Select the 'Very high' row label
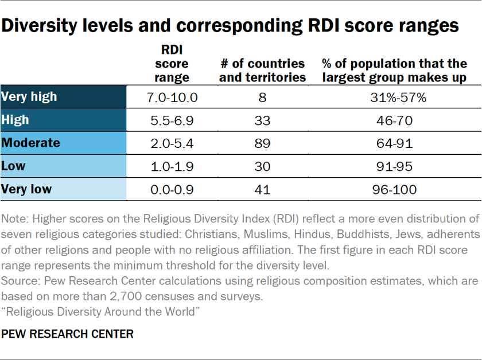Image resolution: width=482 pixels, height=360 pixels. pyautogui.click(x=29, y=96)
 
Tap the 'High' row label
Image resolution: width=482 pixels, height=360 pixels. pyautogui.click(x=15, y=120)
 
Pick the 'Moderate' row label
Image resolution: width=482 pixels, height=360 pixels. pyautogui.click(x=31, y=143)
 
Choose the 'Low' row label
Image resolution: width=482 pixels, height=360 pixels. pyautogui.click(x=14, y=166)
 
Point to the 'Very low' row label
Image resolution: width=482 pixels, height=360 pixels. pyautogui.click(x=26, y=189)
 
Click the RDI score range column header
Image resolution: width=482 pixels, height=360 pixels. pyautogui.click(x=172, y=64)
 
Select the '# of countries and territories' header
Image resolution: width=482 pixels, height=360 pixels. pyautogui.click(x=262, y=70)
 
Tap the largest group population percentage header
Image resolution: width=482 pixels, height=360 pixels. pyautogui.click(x=394, y=70)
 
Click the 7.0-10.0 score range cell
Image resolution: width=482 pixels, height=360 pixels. pyautogui.click(x=172, y=97)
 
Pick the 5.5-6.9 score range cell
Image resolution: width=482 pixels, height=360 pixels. pyautogui.click(x=172, y=120)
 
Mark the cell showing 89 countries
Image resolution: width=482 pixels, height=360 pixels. pyautogui.click(x=262, y=143)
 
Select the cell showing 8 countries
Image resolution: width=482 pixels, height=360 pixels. pyautogui.click(x=262, y=97)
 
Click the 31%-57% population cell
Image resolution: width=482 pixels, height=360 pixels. pyautogui.click(x=394, y=97)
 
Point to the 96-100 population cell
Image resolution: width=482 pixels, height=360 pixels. pyautogui.click(x=394, y=190)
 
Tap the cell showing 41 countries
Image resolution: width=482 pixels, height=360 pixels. pyautogui.click(x=262, y=190)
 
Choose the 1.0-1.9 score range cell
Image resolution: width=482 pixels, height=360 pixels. pyautogui.click(x=172, y=167)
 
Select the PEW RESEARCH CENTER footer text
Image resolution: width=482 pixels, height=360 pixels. pyautogui.click(x=68, y=334)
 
